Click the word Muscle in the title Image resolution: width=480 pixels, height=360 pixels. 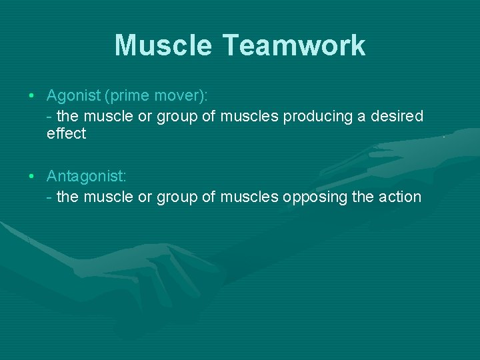pyautogui.click(x=163, y=46)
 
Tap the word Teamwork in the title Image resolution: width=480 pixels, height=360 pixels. pyautogui.click(x=293, y=46)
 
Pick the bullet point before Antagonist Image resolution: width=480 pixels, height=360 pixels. pyautogui.click(x=33, y=177)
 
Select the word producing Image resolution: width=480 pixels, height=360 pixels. pyautogui.click(x=317, y=116)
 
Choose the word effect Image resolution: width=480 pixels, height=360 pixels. pyautogui.click(x=66, y=133)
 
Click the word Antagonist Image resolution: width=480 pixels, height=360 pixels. pyautogui.click(x=86, y=177)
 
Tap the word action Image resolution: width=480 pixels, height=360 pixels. pyautogui.click(x=399, y=197)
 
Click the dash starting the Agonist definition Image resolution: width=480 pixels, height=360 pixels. pyautogui.click(x=50, y=117)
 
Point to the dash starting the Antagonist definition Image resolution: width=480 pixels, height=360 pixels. pyautogui.click(x=50, y=197)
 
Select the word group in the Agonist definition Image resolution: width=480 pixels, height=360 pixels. pyautogui.click(x=176, y=117)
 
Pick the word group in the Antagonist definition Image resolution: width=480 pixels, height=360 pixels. pyautogui.click(x=176, y=197)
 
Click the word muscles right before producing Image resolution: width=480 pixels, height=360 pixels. pyautogui.click(x=249, y=116)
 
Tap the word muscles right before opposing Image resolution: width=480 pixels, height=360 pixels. pyautogui.click(x=249, y=197)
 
